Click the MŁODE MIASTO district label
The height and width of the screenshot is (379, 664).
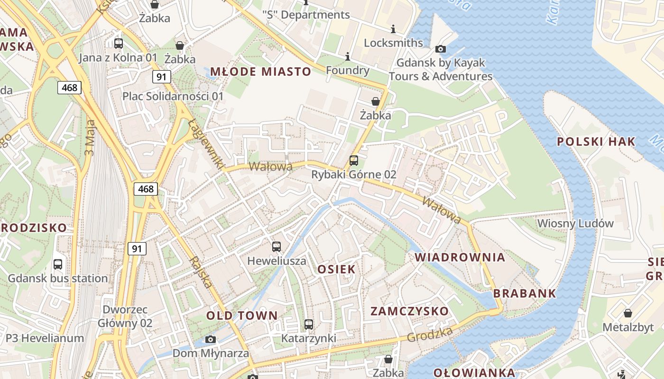point(260,72)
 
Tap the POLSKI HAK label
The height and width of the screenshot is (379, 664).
point(596,141)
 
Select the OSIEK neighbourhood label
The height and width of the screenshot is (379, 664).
point(336,269)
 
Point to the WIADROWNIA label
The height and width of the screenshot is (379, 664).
point(460,257)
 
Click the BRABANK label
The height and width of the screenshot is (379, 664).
point(525,293)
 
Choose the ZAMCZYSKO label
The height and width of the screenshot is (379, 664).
point(409,311)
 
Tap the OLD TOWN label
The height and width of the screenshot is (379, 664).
point(242,316)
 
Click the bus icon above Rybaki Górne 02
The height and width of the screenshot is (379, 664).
point(354,160)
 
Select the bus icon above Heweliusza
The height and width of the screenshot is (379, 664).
point(277,246)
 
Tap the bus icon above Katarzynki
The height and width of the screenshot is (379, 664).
point(309,325)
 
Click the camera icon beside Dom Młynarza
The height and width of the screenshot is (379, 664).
point(211,339)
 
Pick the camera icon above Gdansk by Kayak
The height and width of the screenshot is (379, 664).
point(440,49)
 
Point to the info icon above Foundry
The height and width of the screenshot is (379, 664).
point(348,57)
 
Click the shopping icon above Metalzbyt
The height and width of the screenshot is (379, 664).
point(628,313)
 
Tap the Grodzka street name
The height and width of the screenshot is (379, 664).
point(429,334)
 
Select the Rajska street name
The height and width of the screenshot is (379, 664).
point(200,272)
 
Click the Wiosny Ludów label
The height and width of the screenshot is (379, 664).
point(575,223)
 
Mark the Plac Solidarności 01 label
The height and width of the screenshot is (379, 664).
point(173,96)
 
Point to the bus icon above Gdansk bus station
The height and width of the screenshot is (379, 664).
point(58,264)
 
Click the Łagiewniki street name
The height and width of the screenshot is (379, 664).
point(205,144)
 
